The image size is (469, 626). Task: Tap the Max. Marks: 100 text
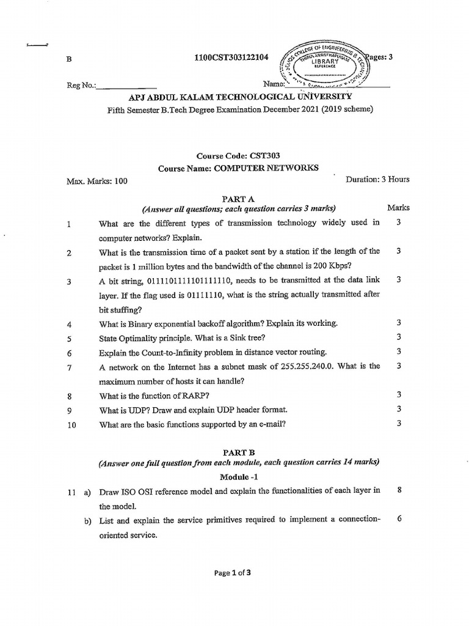[97, 181]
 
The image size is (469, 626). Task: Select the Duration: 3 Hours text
[377, 180]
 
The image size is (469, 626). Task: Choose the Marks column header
[398, 208]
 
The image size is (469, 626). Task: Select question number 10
[71, 425]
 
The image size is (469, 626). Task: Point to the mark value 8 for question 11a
[399, 490]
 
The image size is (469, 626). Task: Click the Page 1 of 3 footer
[233, 573]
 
